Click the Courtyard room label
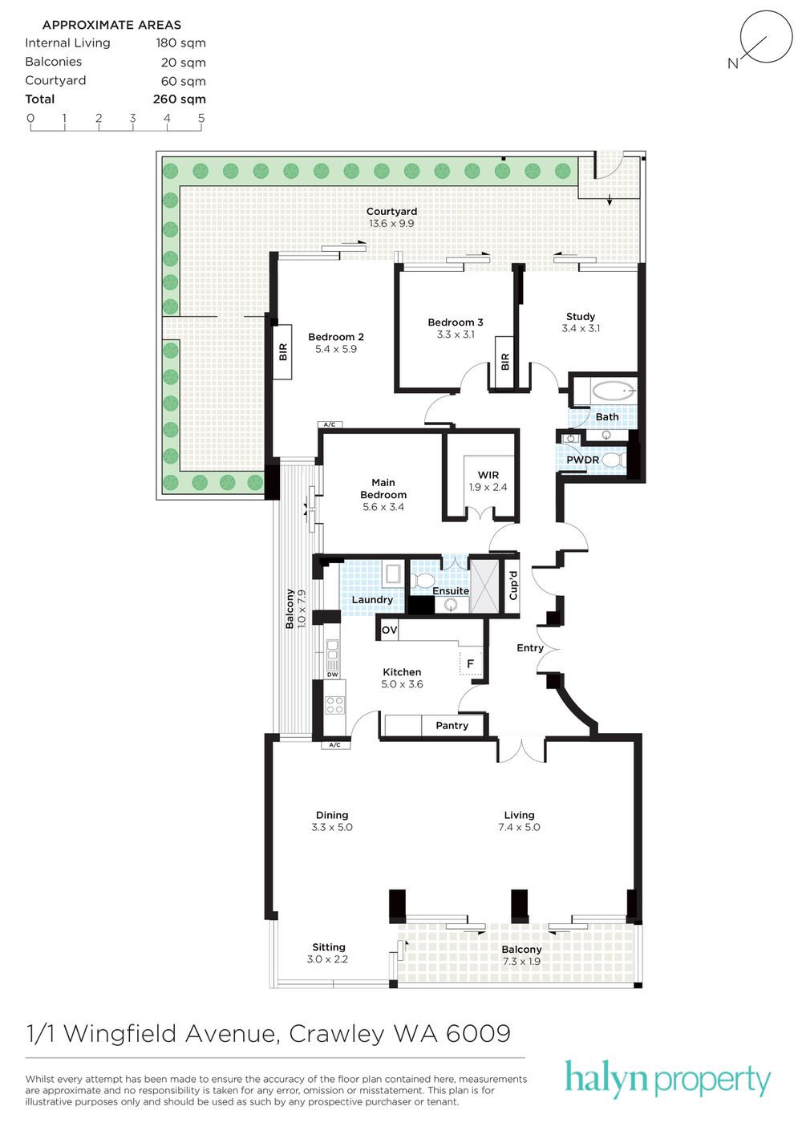tap(391, 211)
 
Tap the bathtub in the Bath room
tap(613, 391)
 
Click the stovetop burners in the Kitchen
tap(334, 704)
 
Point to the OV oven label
tap(389, 630)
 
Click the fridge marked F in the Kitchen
tap(470, 663)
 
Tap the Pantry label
tap(452, 725)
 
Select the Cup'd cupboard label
tap(512, 586)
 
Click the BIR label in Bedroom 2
tap(282, 351)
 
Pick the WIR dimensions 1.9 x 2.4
tap(488, 488)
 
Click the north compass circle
tap(766, 37)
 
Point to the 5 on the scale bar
tap(201, 118)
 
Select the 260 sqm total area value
tap(180, 99)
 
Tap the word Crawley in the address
tap(336, 1034)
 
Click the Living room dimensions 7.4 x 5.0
tap(520, 827)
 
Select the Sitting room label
tap(329, 947)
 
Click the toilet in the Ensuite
tap(421, 579)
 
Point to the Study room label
tap(581, 317)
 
